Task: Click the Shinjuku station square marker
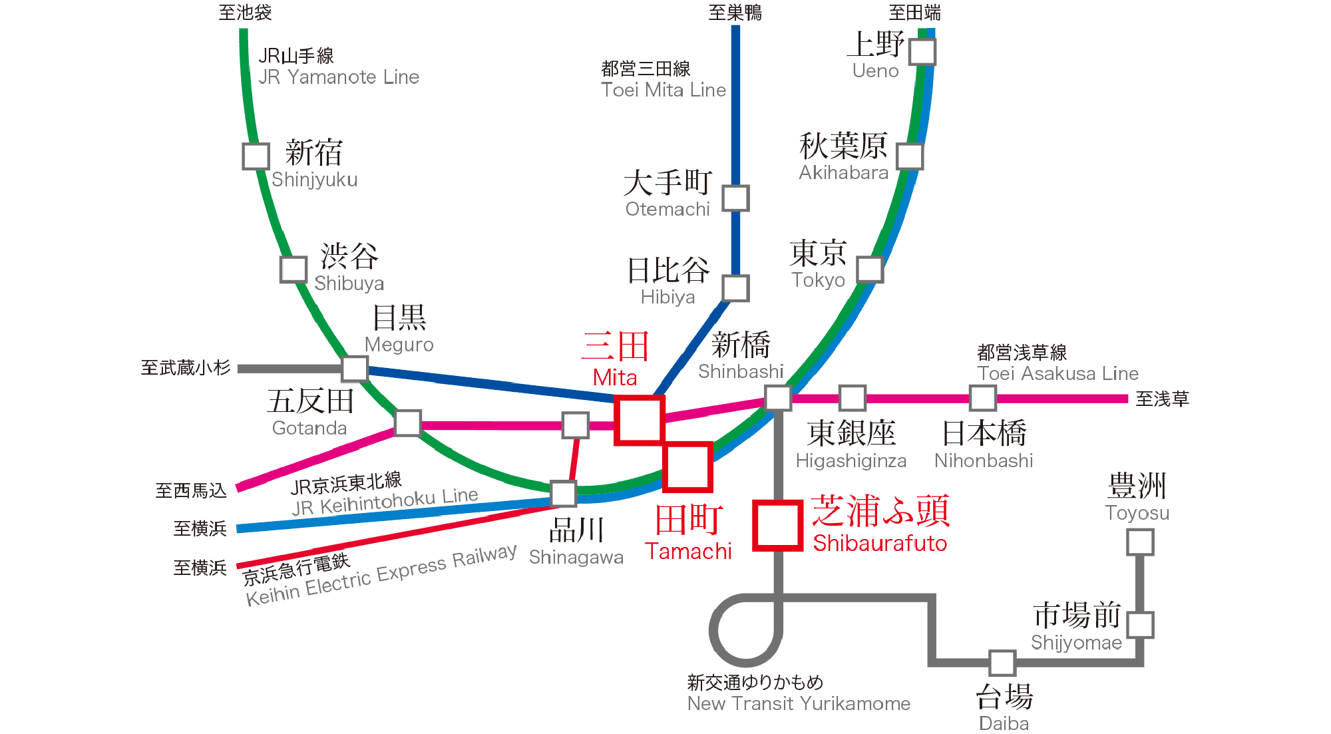pyautogui.click(x=256, y=156)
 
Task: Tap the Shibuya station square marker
pyautogui.click(x=293, y=270)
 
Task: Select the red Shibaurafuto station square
pyautogui.click(x=777, y=526)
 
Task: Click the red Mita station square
pyautogui.click(x=639, y=420)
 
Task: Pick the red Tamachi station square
pyautogui.click(x=688, y=467)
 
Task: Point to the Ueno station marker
pyautogui.click(x=922, y=52)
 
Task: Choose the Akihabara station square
pyautogui.click(x=910, y=156)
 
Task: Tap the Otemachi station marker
pyautogui.click(x=736, y=198)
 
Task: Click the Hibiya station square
pyautogui.click(x=735, y=288)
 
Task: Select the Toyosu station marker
pyautogui.click(x=1140, y=542)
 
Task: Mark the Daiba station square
pyautogui.click(x=1002, y=663)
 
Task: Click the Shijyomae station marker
pyautogui.click(x=1140, y=625)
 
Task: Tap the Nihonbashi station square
pyautogui.click(x=983, y=398)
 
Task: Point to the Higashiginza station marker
pyautogui.click(x=852, y=398)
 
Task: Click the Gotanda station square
pyautogui.click(x=408, y=423)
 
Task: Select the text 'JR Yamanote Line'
pyautogui.click(x=339, y=78)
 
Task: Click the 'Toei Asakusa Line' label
pyautogui.click(x=1057, y=374)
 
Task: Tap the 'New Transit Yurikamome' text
pyautogui.click(x=799, y=704)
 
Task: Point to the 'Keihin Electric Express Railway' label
pyautogui.click(x=381, y=575)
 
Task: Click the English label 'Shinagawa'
pyautogui.click(x=576, y=558)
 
